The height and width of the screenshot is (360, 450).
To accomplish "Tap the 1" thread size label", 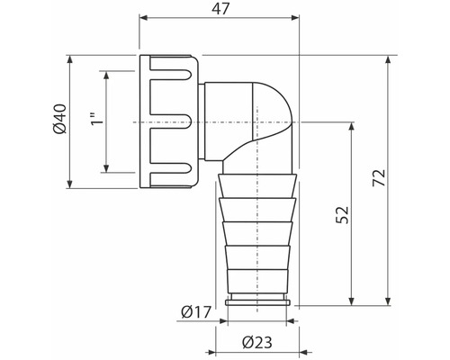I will (96, 121).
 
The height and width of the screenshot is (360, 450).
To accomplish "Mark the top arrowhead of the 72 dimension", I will (387, 58).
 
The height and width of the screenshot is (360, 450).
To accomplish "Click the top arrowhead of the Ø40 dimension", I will (71, 58).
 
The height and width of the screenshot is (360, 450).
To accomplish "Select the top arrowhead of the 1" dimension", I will (108, 74).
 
